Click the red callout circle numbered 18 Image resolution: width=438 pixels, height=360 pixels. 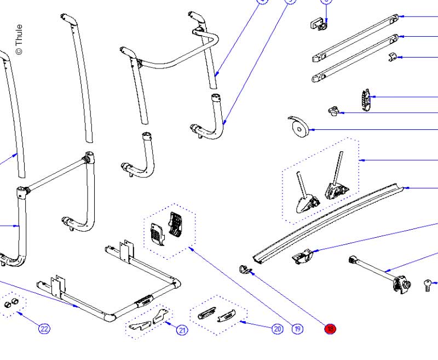330,329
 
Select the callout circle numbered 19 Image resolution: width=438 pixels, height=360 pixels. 297,329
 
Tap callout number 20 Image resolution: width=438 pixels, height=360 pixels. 277,329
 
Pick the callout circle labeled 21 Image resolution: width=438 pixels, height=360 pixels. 182,329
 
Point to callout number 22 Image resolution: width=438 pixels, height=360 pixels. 44,329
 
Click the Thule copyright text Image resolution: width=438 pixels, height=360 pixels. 19,39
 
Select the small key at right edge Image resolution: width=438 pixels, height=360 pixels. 427,284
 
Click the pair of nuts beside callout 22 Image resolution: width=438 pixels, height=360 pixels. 11,305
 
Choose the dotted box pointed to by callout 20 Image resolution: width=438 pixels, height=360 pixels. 218,316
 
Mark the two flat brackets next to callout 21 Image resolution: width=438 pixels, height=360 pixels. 148,319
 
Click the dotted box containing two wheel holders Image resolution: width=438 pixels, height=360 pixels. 321,181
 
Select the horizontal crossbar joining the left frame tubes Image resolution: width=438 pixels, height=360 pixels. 55,174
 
